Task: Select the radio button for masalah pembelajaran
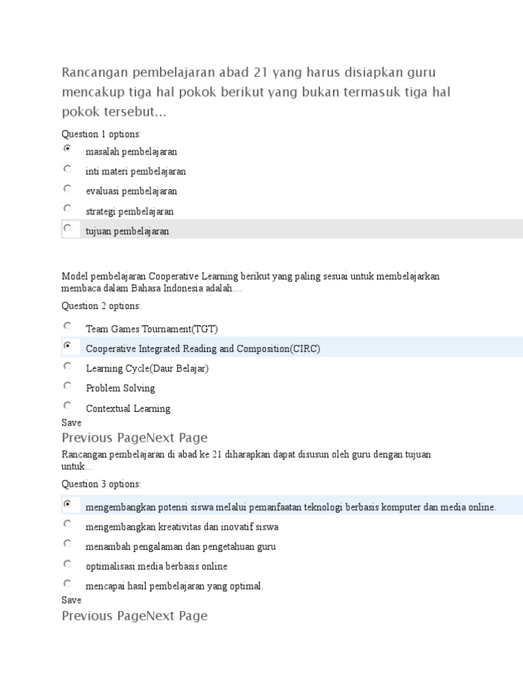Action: pos(67,148)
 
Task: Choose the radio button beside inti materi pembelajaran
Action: pos(67,168)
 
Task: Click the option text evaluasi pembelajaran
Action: pos(131,191)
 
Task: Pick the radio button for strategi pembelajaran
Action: pos(67,208)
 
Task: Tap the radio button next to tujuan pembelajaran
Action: pos(67,228)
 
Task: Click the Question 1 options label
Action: pos(101,134)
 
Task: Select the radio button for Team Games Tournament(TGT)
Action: pos(67,326)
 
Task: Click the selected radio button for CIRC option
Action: pos(67,346)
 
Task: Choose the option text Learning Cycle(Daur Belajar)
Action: pos(147,368)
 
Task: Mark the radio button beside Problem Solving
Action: pos(67,385)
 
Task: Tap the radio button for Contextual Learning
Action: pos(67,405)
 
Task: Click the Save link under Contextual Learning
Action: pos(72,423)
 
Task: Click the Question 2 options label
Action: pos(101,306)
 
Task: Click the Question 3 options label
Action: pos(101,484)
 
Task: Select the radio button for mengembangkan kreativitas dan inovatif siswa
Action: pos(67,523)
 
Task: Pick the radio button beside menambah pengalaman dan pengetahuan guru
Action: pos(67,543)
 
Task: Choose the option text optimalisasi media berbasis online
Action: pos(157,566)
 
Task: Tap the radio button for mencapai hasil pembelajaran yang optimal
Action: pos(67,583)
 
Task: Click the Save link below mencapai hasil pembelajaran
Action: pos(72,600)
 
